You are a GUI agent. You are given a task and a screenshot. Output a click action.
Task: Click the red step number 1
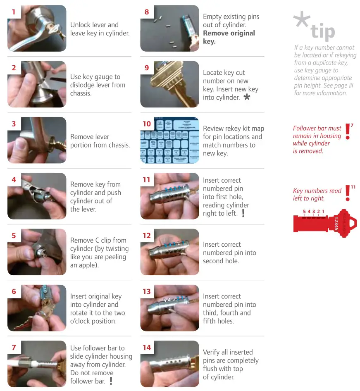tap(14, 12)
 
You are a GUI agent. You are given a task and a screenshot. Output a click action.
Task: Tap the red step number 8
tap(147, 12)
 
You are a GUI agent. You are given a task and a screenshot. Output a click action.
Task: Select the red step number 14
tap(147, 348)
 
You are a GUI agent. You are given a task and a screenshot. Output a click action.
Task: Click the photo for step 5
tap(37, 252)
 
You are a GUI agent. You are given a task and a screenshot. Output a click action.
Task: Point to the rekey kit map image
tap(170, 141)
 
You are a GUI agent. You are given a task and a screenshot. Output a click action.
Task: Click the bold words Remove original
tap(229, 33)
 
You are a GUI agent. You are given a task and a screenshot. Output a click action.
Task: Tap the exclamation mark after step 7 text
tap(111, 381)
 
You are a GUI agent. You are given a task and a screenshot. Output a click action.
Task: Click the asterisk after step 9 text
tap(247, 98)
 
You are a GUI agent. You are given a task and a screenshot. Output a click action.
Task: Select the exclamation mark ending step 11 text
tap(243, 213)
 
